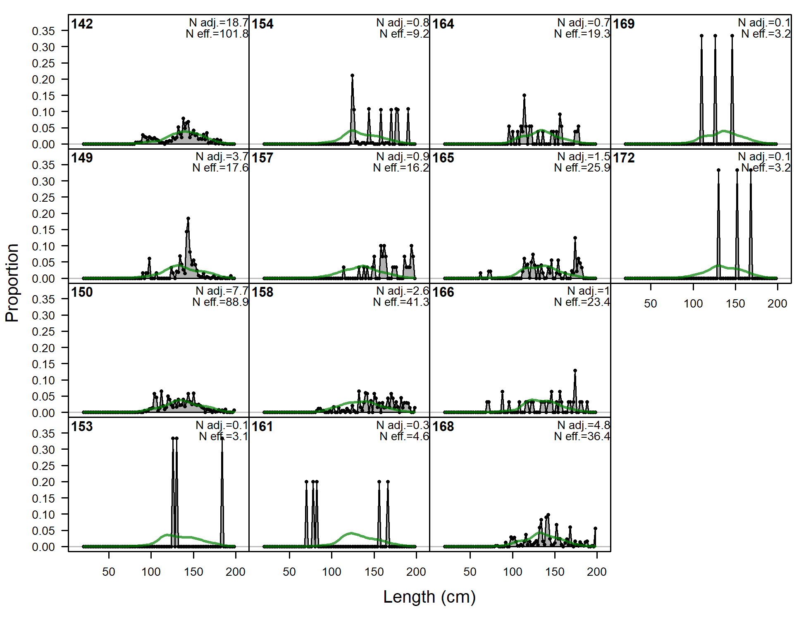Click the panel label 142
pos(82,24)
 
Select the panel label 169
pos(624,24)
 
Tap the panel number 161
pos(262,427)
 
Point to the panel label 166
pos(443,292)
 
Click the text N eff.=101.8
pos(217,34)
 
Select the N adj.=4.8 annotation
pos(583,425)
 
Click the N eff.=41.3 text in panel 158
pos(401,302)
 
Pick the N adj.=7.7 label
pos(222,291)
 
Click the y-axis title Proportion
pos(12,283)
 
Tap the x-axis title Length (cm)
pos(429,597)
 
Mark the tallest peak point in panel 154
pos(352,76)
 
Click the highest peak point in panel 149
pos(188,218)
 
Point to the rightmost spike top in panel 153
pos(222,438)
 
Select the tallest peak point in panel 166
pos(575,371)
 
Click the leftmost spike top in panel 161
pos(306,482)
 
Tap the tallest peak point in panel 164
pos(524,95)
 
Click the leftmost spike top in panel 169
pos(701,36)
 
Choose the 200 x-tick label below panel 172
pos(777,304)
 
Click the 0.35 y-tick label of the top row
pos(43,31)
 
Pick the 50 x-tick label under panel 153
pos(109,572)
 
